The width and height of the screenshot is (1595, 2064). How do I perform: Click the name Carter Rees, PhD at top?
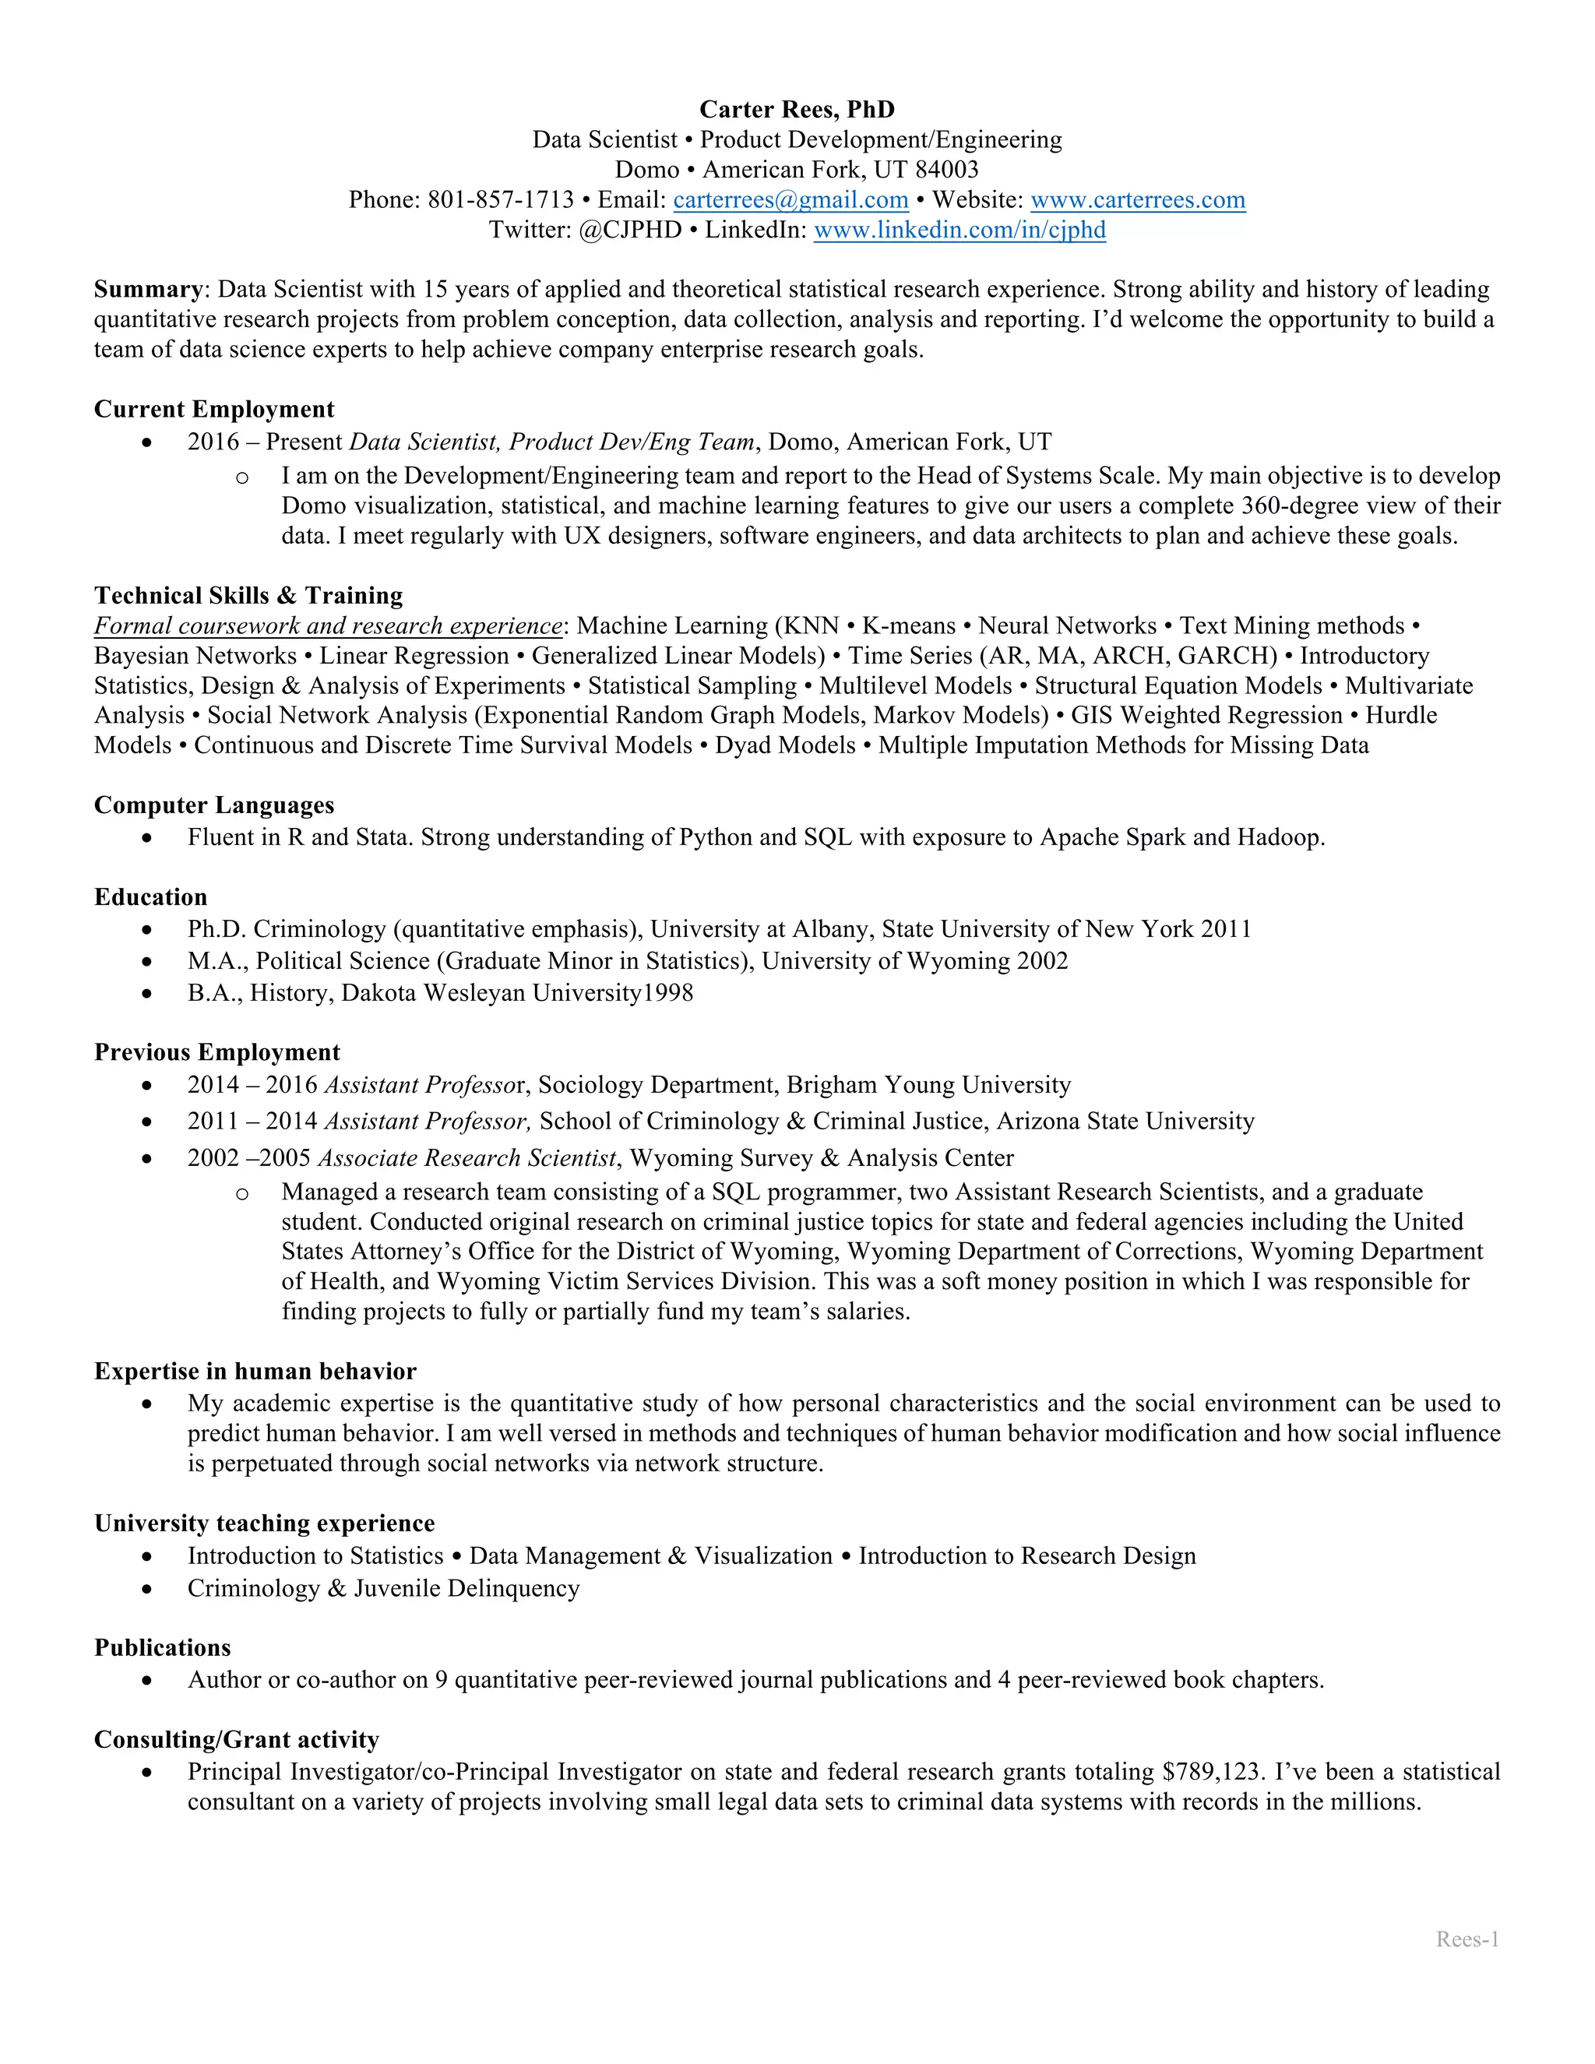[x=797, y=110]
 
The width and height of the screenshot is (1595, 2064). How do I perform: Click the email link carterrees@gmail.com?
[x=790, y=200]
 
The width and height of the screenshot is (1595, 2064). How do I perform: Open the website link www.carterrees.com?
[x=1138, y=200]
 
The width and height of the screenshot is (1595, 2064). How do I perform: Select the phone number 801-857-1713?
[x=501, y=200]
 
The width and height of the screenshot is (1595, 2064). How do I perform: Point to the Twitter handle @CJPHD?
[x=629, y=231]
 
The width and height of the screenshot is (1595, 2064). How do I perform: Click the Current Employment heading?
[x=214, y=409]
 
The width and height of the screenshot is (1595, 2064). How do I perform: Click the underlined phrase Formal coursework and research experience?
[x=328, y=625]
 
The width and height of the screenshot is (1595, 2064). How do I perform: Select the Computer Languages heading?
[x=214, y=805]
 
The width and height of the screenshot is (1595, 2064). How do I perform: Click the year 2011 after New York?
[x=1226, y=929]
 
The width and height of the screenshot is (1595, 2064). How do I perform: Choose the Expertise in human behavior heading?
[x=255, y=1372]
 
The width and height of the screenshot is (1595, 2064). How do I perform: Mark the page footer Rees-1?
[x=1467, y=1939]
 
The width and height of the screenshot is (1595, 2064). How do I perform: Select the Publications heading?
[x=163, y=1648]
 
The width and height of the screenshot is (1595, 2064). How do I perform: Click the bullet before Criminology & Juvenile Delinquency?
[x=146, y=1590]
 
